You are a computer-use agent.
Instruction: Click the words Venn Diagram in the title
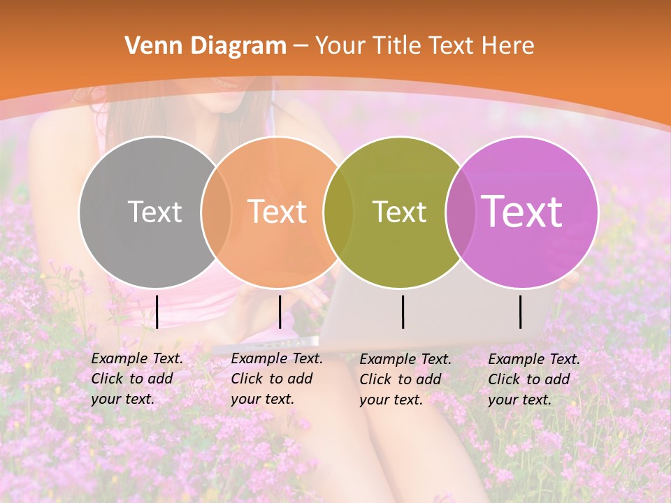[205, 46]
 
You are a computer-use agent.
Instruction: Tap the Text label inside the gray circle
[154, 212]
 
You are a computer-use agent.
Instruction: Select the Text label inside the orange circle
[277, 212]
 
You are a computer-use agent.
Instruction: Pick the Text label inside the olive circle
[399, 212]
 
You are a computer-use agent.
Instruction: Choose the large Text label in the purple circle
[522, 211]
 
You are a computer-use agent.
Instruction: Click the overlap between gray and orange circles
[216, 212]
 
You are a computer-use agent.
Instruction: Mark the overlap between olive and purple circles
[461, 212]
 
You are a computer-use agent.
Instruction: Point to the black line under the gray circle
[157, 312]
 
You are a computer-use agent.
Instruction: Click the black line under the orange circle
[280, 312]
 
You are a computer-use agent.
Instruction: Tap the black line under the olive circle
[403, 312]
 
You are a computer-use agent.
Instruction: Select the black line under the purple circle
[520, 312]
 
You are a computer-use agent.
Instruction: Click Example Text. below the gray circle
[137, 358]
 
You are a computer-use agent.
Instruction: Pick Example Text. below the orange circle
[277, 358]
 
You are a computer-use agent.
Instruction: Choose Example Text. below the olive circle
[405, 359]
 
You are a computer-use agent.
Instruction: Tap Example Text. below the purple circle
[534, 359]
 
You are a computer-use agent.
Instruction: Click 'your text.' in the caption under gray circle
[122, 400]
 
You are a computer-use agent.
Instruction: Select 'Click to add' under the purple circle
[528, 379]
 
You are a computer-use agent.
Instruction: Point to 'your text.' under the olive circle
[391, 400]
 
